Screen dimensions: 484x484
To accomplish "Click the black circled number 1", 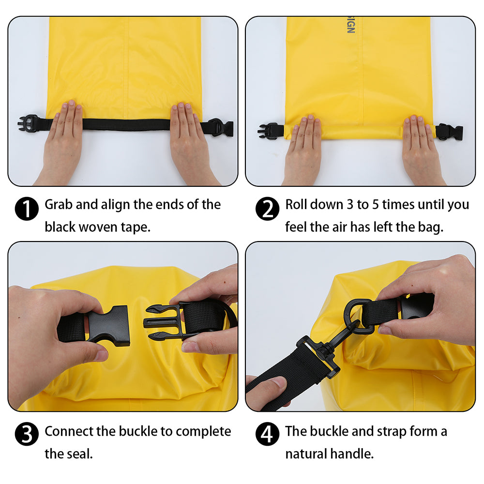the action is (27, 209).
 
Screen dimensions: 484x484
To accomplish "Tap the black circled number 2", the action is (267, 209).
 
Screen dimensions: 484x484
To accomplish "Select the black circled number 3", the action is (27, 434).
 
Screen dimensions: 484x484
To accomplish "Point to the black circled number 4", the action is (267, 434).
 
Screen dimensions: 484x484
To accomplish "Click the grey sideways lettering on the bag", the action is (350, 25).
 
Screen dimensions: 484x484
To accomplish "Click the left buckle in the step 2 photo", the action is (269, 131).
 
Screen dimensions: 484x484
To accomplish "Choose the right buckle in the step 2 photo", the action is (450, 132).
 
